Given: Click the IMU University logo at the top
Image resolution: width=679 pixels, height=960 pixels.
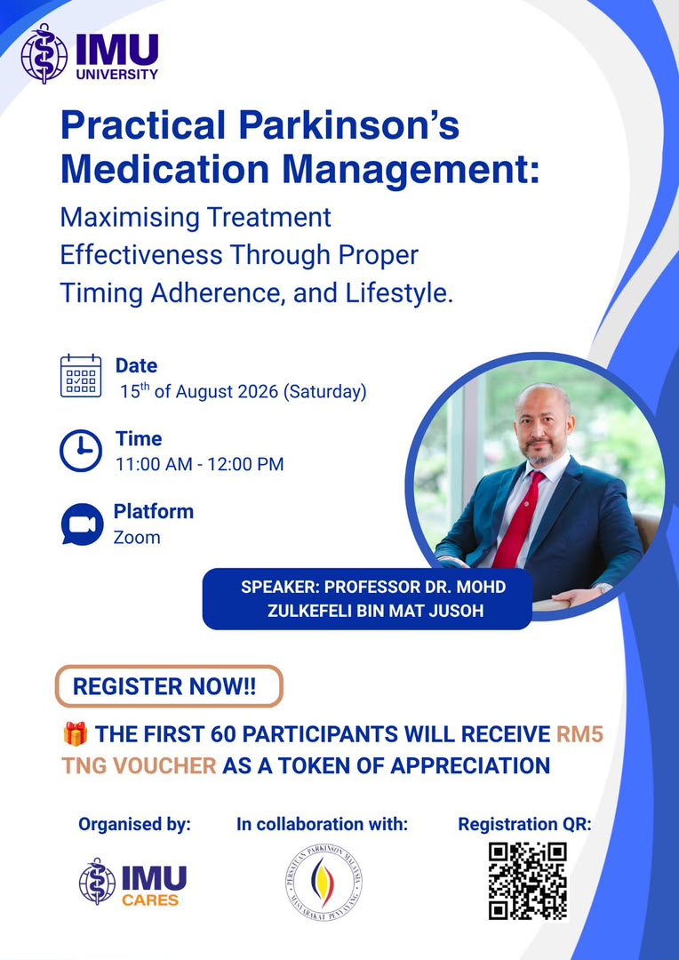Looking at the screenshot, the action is click(x=90, y=54).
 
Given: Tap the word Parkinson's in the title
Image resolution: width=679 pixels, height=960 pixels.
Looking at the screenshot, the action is click(x=348, y=125).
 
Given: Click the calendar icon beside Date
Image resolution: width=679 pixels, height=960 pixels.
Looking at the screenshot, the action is click(x=81, y=375).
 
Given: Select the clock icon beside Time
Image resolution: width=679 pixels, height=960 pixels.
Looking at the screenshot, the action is click(x=81, y=451).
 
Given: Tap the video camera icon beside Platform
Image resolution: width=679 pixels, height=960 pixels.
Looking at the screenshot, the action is click(x=82, y=524).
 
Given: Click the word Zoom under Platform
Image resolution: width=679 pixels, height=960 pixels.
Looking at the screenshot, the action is click(x=137, y=538).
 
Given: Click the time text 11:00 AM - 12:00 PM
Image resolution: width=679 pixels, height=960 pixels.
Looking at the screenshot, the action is click(x=200, y=464).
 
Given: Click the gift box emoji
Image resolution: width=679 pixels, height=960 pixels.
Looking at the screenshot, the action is click(x=76, y=733).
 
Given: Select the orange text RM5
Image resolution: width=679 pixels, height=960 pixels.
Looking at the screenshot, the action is click(x=579, y=734).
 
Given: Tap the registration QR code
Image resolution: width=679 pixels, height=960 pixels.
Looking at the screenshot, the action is click(x=528, y=881).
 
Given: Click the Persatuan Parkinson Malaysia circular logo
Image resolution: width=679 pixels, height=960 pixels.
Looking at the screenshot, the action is click(x=324, y=883).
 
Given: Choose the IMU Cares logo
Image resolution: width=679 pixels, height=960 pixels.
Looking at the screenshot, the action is click(x=132, y=883).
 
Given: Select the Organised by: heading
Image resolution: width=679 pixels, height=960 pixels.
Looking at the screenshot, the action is click(x=135, y=825).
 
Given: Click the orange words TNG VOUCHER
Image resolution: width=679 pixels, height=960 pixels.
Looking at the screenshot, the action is click(x=139, y=765).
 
